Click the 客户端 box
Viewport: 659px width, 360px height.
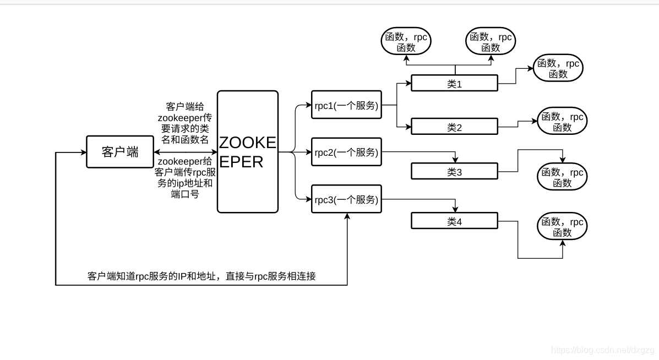click(x=120, y=152)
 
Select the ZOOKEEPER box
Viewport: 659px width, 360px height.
click(x=248, y=152)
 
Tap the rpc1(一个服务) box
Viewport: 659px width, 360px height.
click(x=346, y=105)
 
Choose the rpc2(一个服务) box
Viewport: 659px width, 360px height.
click(x=346, y=152)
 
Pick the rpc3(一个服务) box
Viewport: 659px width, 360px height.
click(x=346, y=199)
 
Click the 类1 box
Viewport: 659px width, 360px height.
click(x=454, y=83)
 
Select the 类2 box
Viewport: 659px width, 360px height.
click(x=454, y=127)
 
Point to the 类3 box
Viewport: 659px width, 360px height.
click(x=454, y=171)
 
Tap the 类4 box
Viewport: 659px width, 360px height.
click(x=454, y=221)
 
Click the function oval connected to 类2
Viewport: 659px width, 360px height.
click(x=562, y=122)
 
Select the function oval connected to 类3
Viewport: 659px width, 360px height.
click(x=562, y=177)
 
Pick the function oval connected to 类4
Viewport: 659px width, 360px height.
click(x=562, y=227)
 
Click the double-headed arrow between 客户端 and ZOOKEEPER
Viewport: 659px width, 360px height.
click(x=185, y=152)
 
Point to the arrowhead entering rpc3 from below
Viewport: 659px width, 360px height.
click(x=347, y=216)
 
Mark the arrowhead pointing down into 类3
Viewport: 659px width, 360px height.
click(x=455, y=160)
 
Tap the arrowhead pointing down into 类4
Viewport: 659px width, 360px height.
click(x=455, y=209)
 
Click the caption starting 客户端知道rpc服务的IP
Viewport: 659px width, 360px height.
click(x=201, y=276)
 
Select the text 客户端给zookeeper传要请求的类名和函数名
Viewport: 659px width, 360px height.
click(x=184, y=123)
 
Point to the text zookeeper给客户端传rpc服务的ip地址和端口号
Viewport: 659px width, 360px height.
click(x=184, y=177)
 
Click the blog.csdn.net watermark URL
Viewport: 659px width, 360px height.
click(x=602, y=350)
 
